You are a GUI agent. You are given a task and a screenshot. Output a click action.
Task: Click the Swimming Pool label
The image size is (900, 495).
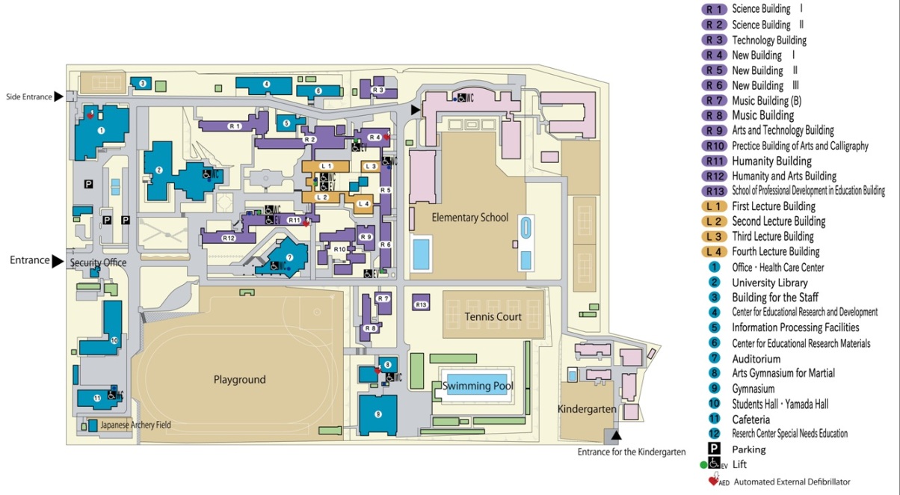click(x=478, y=387)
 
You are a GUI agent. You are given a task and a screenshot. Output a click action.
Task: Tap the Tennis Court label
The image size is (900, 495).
click(x=493, y=317)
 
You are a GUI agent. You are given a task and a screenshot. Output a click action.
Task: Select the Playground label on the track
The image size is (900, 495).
click(x=239, y=380)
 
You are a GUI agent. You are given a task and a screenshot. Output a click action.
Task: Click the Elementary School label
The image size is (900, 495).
click(x=470, y=218)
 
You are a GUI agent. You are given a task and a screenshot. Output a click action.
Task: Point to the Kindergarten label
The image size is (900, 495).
click(x=587, y=409)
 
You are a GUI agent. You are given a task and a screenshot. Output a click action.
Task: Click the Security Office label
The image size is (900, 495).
click(x=98, y=263)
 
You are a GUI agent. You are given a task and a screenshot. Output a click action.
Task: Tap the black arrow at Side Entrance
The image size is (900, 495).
click(x=59, y=96)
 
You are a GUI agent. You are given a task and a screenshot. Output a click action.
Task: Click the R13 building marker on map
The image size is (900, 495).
click(x=421, y=304)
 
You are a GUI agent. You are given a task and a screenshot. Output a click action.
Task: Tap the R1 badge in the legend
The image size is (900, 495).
click(x=714, y=10)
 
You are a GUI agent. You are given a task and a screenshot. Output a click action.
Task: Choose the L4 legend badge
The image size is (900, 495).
click(x=714, y=252)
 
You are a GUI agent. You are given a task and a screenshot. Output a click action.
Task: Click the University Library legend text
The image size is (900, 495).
click(x=769, y=283)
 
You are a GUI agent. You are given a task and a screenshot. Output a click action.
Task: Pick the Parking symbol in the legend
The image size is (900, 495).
click(x=714, y=449)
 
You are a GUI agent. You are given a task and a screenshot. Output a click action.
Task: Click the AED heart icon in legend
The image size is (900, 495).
click(x=712, y=480)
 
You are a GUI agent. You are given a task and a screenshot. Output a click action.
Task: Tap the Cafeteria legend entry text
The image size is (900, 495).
click(x=750, y=419)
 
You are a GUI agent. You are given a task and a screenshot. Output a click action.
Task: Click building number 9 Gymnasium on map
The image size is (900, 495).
click(x=378, y=413)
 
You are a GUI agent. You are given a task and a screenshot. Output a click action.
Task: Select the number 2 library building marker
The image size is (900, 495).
click(x=159, y=170)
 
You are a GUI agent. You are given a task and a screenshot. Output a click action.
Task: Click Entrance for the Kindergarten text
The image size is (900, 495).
click(x=631, y=452)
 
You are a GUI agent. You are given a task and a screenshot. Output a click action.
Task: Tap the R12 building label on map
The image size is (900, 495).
click(x=229, y=238)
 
